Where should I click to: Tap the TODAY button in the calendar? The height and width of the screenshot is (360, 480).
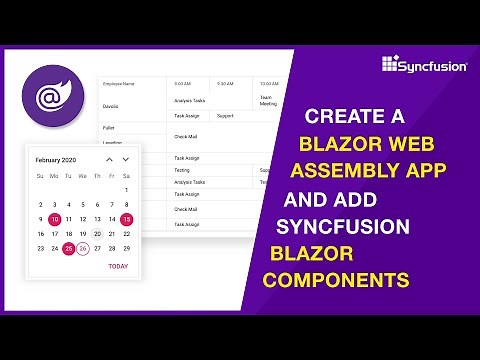click(118, 266)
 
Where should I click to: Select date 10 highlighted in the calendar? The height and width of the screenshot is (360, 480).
click(54, 219)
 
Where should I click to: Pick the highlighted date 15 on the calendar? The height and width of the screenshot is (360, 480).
click(126, 219)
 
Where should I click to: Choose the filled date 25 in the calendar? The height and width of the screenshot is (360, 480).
click(69, 248)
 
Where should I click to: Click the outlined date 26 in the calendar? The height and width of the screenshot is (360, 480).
click(83, 248)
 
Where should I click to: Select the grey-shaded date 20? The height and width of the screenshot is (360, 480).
click(97, 233)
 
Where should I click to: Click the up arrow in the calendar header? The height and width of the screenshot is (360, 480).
click(109, 159)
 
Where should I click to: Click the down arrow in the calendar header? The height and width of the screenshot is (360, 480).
click(126, 159)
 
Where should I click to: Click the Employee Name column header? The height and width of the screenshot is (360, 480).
click(118, 83)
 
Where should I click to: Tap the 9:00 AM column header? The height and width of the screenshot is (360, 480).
click(182, 83)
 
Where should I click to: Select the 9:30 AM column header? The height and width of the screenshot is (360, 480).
click(225, 83)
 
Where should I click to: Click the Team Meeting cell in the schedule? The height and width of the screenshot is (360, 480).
click(268, 100)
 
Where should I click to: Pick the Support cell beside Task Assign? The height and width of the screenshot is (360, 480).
click(226, 115)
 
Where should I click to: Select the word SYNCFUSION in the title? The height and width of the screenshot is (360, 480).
click(345, 227)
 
